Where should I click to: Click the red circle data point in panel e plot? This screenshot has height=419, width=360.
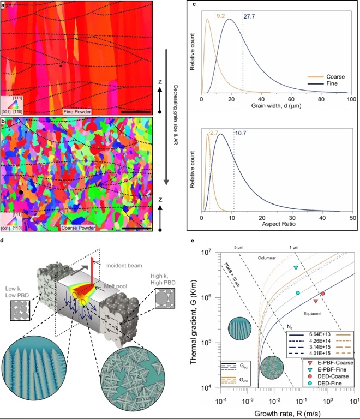(323, 294)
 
